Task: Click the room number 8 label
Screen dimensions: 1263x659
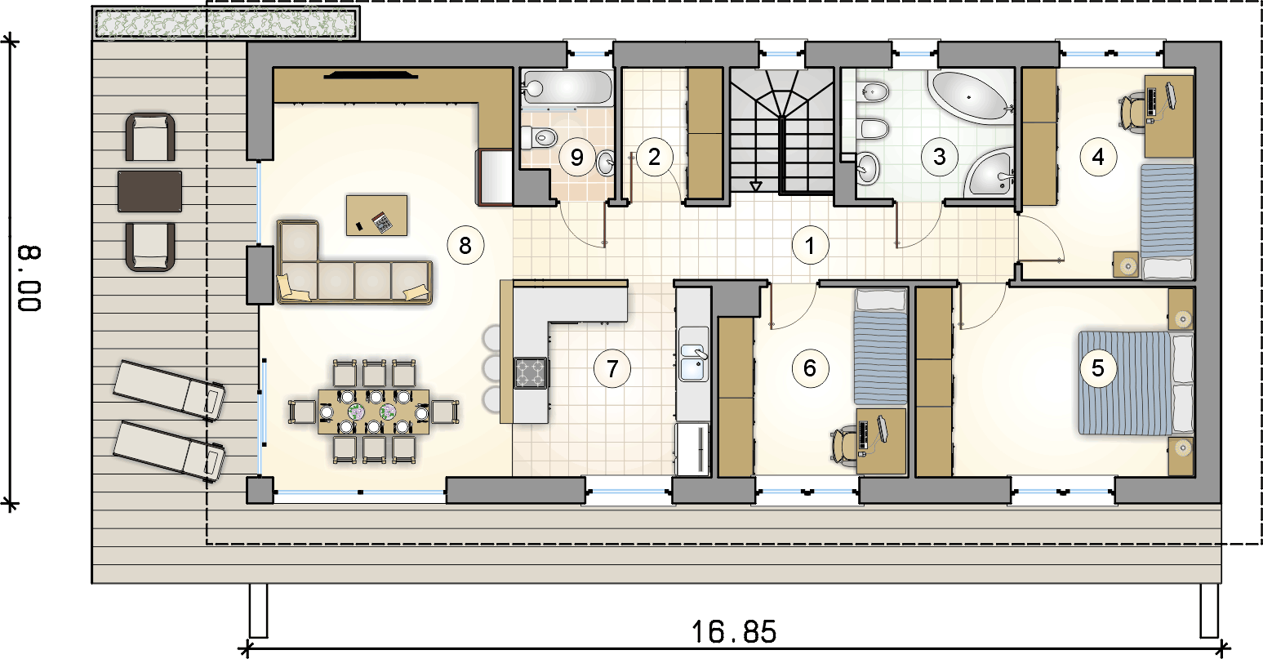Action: [x=465, y=245]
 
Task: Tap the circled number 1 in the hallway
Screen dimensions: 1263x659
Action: [x=810, y=245]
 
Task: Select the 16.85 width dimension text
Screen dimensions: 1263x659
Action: [x=734, y=632]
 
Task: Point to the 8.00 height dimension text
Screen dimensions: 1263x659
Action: [x=29, y=278]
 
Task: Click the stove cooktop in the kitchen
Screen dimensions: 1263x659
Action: [x=530, y=372]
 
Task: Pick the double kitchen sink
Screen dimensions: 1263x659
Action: [x=693, y=354]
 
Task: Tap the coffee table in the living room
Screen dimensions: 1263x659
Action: [x=376, y=216]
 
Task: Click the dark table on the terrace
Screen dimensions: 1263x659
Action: [x=150, y=192]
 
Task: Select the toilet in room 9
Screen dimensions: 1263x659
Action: [x=539, y=137]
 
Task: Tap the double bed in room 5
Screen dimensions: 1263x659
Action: [x=1136, y=383]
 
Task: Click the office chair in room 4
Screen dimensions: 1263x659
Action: [x=1134, y=108]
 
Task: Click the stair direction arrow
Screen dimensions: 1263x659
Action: [x=755, y=186]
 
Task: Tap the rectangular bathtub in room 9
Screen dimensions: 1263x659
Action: [x=567, y=88]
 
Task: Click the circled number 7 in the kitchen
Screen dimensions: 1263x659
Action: [x=612, y=368]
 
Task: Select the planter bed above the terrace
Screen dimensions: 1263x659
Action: [x=225, y=24]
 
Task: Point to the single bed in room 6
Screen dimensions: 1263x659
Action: [x=880, y=347]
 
